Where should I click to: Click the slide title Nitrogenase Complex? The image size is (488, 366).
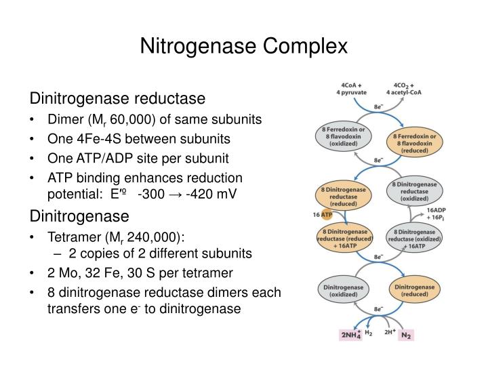pyautogui.click(x=243, y=45)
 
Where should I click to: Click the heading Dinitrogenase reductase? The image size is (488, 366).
pyautogui.click(x=116, y=99)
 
